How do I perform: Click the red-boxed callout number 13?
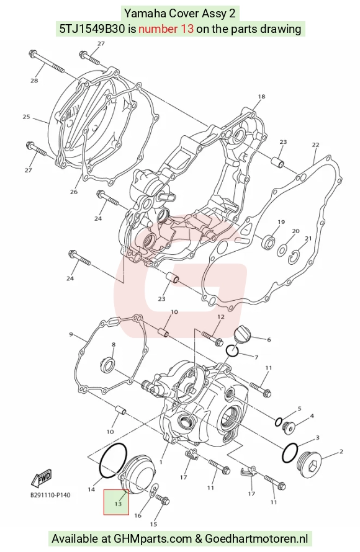coord(118,504)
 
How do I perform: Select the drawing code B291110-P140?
coord(50,495)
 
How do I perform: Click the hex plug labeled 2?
coord(308,464)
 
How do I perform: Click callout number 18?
coord(261,97)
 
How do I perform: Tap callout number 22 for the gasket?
coord(315,145)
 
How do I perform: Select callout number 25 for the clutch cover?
coord(27,117)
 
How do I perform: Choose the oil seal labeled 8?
coord(107,364)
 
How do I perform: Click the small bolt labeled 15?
coord(163,499)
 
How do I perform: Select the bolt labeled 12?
coord(212,337)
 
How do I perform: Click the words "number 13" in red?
coord(166,29)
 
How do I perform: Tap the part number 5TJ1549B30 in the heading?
coord(92,29)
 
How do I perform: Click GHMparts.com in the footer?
coord(153,538)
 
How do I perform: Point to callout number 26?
coord(73,192)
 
